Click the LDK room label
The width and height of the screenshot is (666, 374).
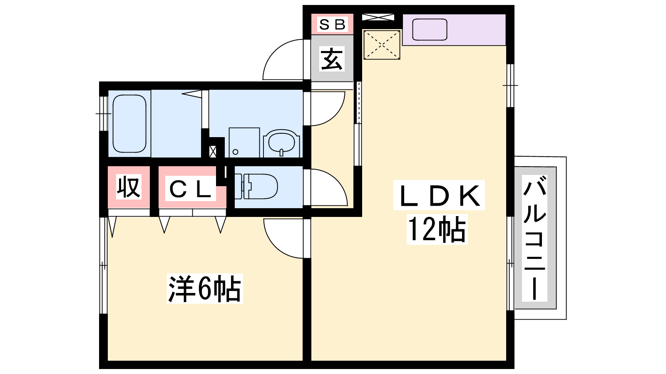pos(439,195)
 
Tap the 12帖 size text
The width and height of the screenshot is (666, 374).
pos(437,229)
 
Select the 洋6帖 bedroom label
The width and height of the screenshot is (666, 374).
pos(204,288)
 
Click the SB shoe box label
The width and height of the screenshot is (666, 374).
pos(332,24)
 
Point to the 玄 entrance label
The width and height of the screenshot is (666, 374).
pos(332,59)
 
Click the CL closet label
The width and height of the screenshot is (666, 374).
pos(190,189)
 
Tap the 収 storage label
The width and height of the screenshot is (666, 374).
pos(129,187)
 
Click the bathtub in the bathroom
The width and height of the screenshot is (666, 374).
pos(129,123)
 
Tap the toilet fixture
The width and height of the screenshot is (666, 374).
pos(256,187)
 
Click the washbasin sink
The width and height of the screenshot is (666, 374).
pos(281,143)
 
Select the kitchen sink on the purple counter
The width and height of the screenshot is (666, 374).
pos(430,30)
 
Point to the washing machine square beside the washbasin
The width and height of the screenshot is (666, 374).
pos(244,143)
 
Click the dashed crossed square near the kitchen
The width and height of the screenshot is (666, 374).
pos(382,44)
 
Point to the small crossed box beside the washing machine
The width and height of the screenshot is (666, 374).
pos(213,151)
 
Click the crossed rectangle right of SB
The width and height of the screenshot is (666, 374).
pos(378,17)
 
